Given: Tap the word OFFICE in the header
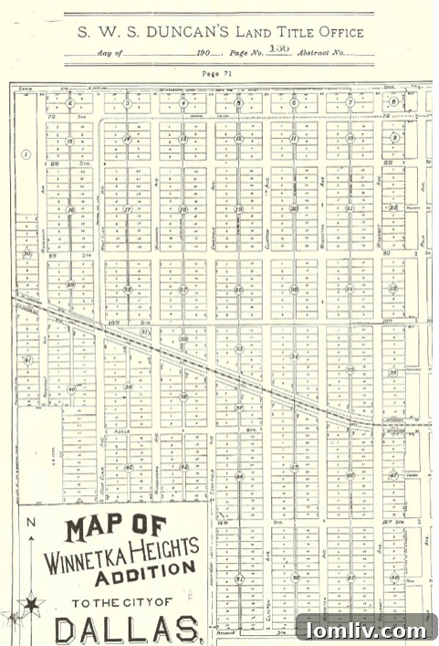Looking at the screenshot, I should (x=340, y=33).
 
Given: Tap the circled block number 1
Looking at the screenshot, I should (x=26, y=154).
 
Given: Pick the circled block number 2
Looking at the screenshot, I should (x=69, y=103).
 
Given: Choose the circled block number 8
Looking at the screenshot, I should (x=394, y=102).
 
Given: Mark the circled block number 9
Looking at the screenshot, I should (x=394, y=138).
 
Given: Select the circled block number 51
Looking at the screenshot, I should (x=239, y=578).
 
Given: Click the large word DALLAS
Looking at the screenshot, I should (x=128, y=630).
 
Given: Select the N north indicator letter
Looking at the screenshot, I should (x=30, y=523).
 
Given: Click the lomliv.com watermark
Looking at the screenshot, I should (x=366, y=630).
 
